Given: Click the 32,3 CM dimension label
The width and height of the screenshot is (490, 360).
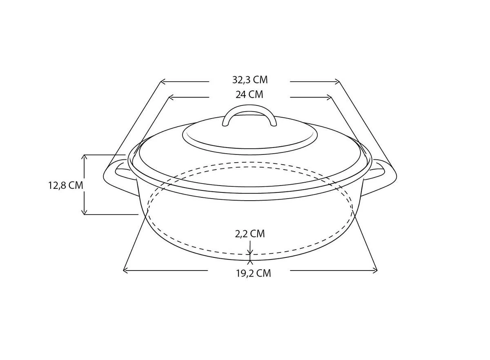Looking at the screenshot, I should coord(250,80).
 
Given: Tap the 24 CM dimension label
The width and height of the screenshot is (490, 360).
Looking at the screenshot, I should coord(249,95).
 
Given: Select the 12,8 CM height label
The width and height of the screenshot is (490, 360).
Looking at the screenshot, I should coord(66,185).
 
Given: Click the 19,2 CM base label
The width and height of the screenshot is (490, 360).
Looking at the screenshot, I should coord(253,273).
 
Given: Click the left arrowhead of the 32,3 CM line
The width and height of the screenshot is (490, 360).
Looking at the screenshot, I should coord(162,82).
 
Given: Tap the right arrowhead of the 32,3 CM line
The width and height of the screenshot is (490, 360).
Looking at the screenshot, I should coord(337,82).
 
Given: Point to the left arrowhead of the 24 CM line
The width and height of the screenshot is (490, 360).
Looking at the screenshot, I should coord(171,97).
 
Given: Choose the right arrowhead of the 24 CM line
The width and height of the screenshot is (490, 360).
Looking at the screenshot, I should coord(329,97).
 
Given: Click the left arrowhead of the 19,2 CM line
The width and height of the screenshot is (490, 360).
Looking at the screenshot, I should coord(125,270).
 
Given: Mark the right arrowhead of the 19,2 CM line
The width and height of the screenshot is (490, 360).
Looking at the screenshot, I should coord(375,270).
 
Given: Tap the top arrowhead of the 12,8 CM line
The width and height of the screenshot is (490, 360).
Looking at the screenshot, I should coord(85,157).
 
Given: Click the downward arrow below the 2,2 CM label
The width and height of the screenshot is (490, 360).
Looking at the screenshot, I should coord(250,252).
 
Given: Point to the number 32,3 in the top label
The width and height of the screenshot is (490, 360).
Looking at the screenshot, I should coord(241,80).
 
